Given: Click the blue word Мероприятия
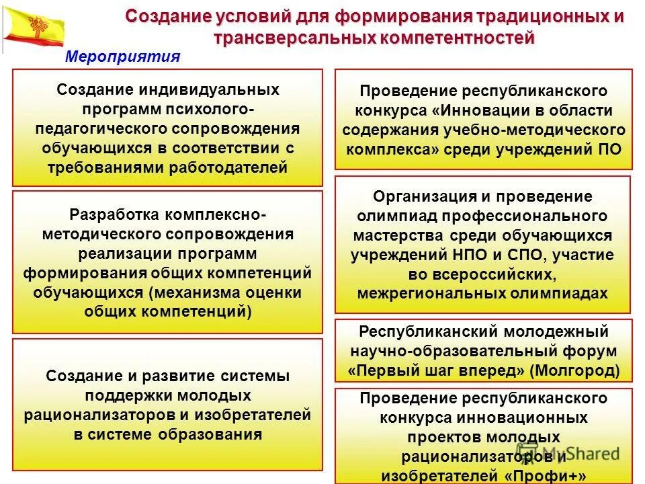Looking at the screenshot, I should point(122,57).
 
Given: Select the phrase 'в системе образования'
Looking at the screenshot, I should point(167,434).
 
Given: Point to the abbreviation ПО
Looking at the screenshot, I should point(612,149).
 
